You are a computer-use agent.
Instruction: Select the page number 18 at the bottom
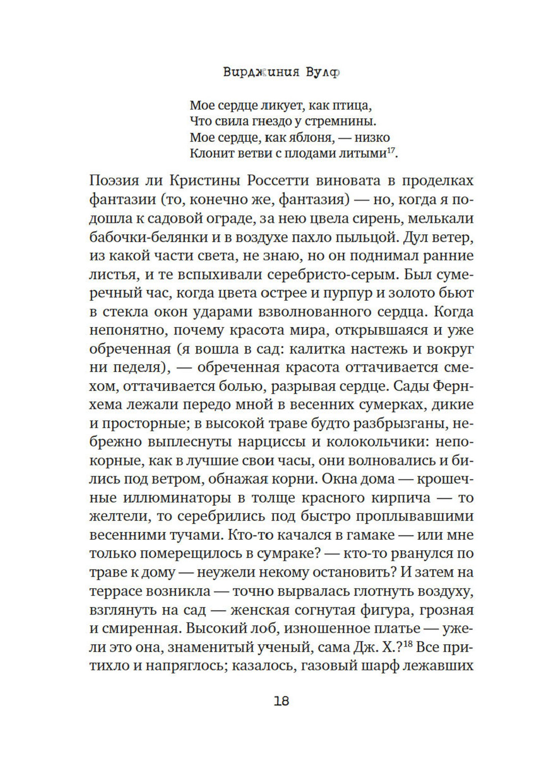[281, 701]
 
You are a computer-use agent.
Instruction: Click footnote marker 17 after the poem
[391, 151]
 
